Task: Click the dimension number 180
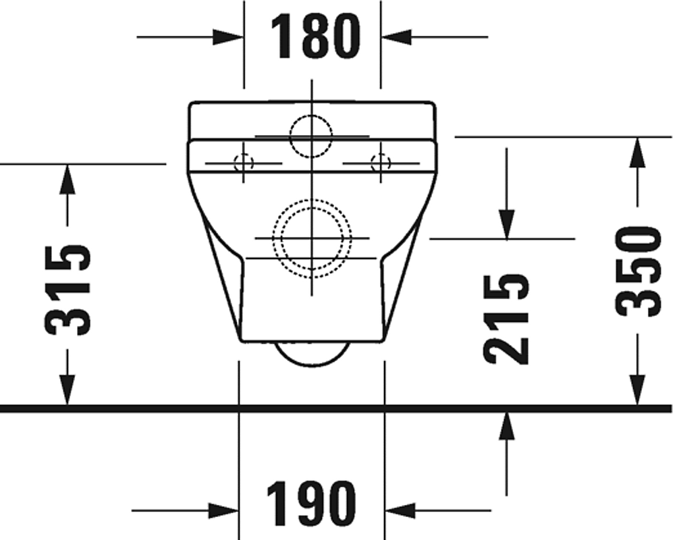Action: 315,36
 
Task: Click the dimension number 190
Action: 311,504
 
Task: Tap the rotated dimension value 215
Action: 506,320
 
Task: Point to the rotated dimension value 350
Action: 638,271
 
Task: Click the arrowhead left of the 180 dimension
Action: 228,37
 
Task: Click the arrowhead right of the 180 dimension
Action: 396,37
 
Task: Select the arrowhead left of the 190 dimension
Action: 223,510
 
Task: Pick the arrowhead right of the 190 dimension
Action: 400,510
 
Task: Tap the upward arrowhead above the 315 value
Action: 67,179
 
